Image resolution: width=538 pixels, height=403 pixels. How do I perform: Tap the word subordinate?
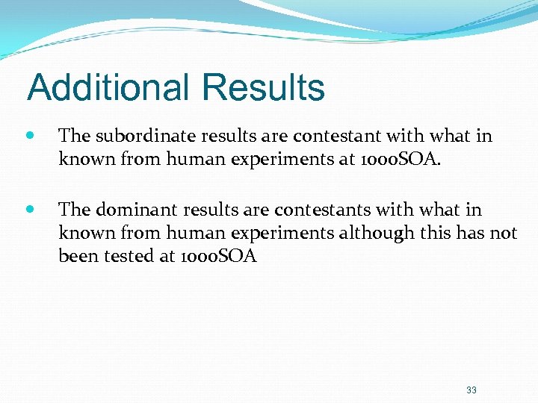(134, 136)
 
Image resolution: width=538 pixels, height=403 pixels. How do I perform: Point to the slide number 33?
(471, 390)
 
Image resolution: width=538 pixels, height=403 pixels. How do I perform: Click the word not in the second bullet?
(504, 234)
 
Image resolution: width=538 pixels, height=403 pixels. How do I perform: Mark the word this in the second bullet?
(438, 234)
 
